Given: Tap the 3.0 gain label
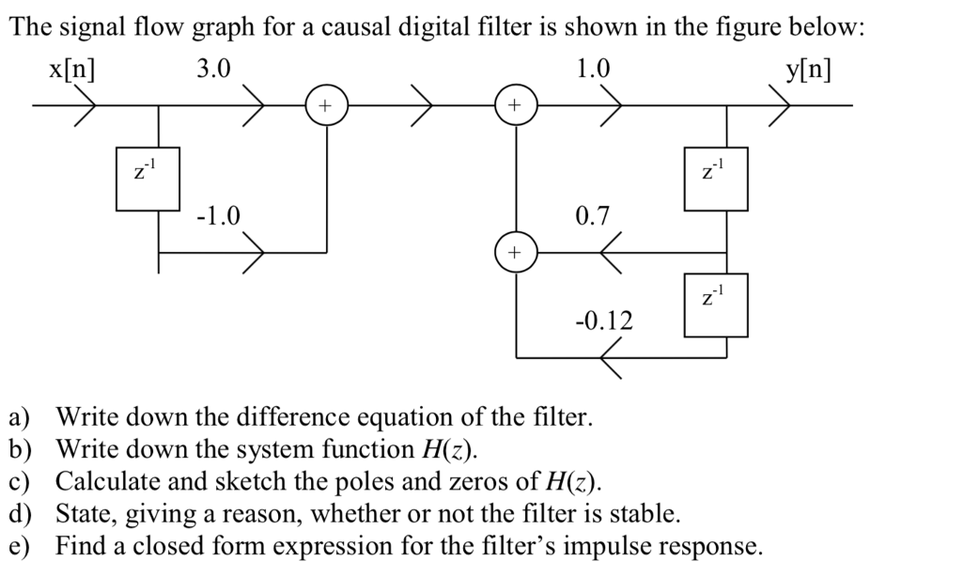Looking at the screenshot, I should (213, 70).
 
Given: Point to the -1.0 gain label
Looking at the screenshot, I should (218, 216).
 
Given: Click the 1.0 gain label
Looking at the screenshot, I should (593, 70).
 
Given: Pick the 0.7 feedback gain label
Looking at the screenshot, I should (593, 217).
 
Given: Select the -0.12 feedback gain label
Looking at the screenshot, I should (603, 321).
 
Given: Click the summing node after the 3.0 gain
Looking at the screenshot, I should (326, 105).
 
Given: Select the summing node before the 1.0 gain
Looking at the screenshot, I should (515, 105).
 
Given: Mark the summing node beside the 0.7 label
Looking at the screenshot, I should (515, 253).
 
